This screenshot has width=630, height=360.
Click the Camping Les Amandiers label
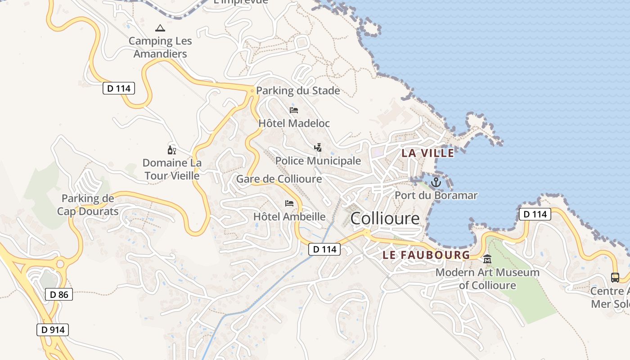tap(160, 47)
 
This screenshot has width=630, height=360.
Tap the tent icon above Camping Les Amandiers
tap(160, 28)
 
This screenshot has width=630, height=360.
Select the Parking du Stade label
tap(298, 90)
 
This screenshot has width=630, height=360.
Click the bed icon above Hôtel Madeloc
tap(294, 110)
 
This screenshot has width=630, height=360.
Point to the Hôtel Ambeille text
tap(289, 216)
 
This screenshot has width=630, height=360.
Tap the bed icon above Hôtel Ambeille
tap(289, 203)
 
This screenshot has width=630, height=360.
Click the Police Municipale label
tap(318, 161)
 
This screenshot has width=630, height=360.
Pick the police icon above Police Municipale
tap(318, 147)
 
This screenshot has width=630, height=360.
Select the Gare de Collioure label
tap(279, 179)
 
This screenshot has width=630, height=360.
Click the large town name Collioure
tap(385, 219)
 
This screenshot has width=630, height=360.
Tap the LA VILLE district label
tap(427, 153)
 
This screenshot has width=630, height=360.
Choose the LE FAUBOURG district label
tap(426, 255)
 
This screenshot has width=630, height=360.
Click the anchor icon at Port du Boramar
tap(436, 182)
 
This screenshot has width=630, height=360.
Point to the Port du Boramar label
tap(436, 195)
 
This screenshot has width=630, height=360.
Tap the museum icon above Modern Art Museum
tap(487, 259)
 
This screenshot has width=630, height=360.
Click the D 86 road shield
tap(59, 295)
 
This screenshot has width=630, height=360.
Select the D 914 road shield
tap(53, 330)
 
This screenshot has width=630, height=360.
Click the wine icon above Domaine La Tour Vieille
tap(171, 150)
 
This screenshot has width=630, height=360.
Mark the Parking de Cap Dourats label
tap(88, 205)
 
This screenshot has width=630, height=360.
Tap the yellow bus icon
tap(615, 277)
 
